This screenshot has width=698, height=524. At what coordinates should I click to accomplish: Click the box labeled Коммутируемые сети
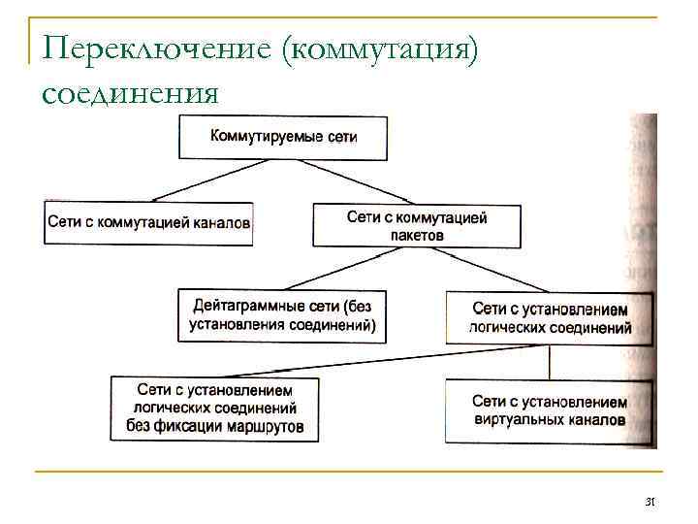click(283, 138)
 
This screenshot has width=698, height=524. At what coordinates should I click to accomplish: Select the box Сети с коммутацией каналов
click(148, 223)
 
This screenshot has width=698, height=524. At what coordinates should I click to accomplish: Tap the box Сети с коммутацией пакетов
click(417, 225)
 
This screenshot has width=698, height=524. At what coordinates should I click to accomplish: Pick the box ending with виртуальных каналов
click(549, 410)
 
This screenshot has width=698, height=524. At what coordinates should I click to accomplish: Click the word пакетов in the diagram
click(417, 235)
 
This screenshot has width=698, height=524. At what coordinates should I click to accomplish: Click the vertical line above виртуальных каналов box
click(551, 361)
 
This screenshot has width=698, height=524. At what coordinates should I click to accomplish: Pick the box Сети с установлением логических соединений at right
click(551, 317)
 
